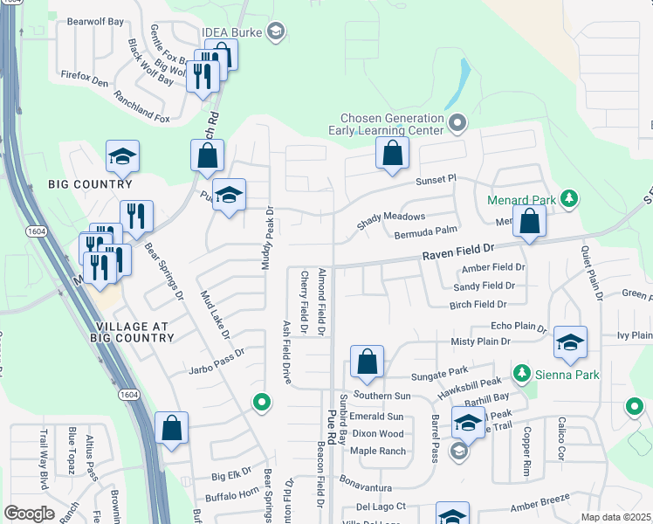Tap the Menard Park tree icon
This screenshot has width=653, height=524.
point(569,199)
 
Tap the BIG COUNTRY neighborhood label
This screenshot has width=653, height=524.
point(92,184)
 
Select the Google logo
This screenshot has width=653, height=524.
point(29,514)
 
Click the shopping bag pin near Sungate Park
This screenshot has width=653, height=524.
point(368,362)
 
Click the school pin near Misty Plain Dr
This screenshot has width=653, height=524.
point(570,341)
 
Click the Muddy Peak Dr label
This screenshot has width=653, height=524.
point(269,238)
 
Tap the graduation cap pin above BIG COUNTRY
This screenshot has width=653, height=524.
point(123,157)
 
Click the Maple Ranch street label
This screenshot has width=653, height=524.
point(378,451)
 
